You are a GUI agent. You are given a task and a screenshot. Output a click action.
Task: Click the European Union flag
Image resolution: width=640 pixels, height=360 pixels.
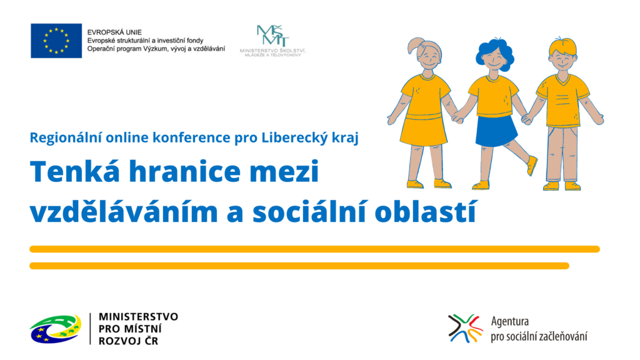56,41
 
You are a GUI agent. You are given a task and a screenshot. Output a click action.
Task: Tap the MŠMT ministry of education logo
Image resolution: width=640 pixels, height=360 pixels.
272,41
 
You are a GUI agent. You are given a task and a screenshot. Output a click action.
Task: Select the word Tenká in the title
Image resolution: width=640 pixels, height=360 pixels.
75,171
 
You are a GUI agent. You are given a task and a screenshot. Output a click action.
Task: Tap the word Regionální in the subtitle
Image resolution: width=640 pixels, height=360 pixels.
66,138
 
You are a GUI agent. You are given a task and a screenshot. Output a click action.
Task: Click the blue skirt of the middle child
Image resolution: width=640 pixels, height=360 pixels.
496,131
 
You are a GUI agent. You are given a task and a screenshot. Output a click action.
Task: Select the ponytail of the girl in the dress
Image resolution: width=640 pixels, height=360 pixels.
414,45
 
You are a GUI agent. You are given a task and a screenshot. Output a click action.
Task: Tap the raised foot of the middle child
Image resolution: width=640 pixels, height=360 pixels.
532,165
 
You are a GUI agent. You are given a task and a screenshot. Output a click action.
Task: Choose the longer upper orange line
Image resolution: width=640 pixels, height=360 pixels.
315,249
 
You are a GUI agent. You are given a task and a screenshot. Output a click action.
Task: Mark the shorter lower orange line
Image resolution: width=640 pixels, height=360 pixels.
299,266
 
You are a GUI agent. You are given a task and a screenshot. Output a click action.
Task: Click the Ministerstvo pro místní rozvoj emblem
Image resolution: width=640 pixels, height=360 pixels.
56,329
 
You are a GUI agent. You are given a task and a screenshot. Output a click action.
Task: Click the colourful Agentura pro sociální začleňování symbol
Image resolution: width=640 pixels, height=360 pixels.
465,328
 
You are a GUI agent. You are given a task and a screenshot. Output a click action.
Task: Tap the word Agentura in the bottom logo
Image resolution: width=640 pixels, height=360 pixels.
510,321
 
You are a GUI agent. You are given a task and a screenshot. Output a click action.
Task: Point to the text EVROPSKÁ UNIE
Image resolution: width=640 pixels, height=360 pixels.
114,32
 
